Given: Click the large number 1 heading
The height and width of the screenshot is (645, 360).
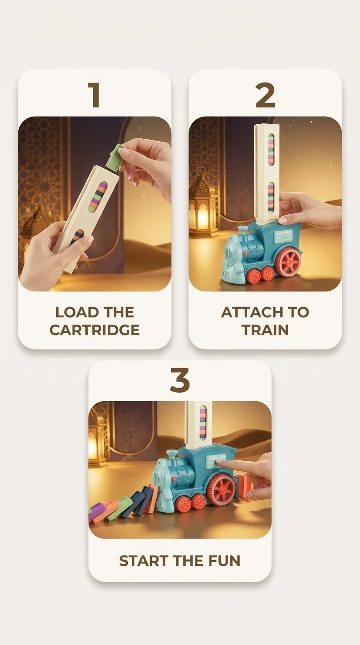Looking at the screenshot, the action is click(95, 95).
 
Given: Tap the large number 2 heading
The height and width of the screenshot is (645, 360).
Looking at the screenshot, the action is click(265, 95).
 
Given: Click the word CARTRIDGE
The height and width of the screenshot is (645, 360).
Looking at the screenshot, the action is click(95, 330).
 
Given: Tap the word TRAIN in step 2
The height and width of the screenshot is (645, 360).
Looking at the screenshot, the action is click(265, 330).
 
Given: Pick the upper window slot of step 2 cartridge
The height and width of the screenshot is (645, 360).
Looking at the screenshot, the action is click(271, 150).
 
